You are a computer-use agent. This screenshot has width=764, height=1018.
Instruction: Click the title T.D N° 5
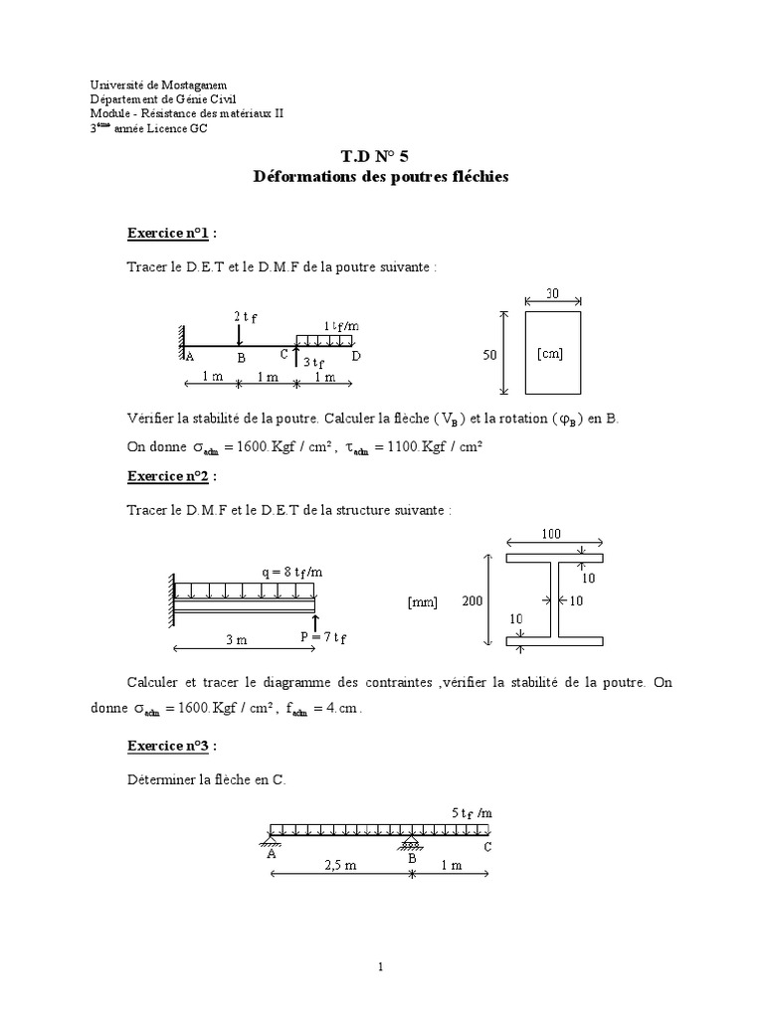click(381, 158)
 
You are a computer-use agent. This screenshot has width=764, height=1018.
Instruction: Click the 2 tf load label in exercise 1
click(246, 316)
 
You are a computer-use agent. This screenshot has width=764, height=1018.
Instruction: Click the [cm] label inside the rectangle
click(549, 354)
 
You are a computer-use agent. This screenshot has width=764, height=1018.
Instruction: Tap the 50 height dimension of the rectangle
click(490, 354)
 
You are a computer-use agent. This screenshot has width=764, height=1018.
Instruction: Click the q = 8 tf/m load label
click(291, 572)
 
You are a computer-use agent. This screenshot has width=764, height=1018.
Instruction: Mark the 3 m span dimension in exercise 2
click(236, 640)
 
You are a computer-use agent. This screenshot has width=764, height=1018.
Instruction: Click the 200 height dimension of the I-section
click(473, 600)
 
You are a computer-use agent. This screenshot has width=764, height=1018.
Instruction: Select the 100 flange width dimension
click(551, 535)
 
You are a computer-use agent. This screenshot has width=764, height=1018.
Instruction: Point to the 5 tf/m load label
click(472, 812)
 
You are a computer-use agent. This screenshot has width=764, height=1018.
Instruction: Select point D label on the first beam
click(356, 356)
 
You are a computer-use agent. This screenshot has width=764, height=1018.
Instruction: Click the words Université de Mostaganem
click(150, 86)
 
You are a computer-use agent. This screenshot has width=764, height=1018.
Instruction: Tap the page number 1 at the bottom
click(381, 966)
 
